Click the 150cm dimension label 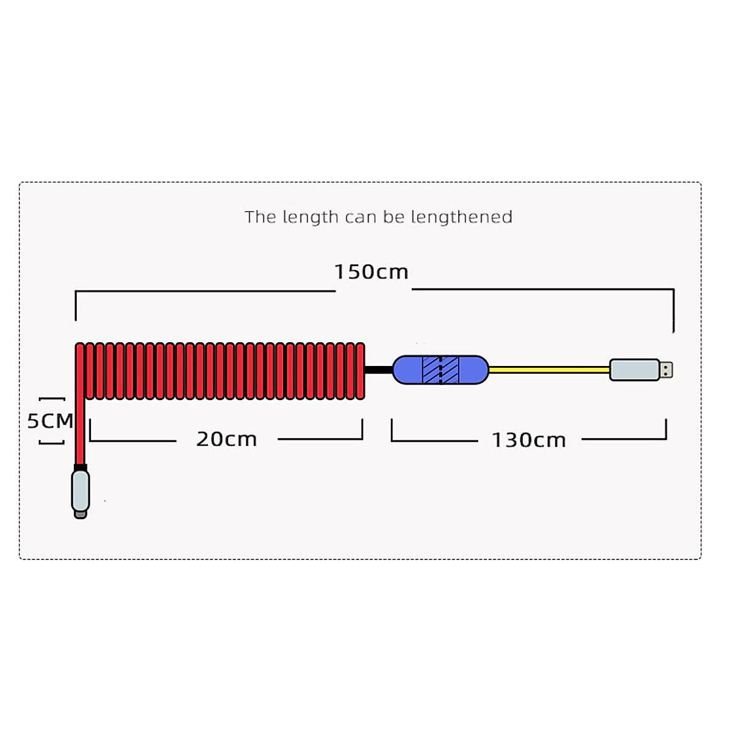coord(371,271)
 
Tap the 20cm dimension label coord(226,439)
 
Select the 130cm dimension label coord(529,440)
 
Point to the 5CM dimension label coord(50,421)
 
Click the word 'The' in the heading coord(260,217)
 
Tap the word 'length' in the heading coord(310,218)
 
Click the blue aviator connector coord(407,370)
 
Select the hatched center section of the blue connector coord(440,370)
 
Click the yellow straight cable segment coord(549,370)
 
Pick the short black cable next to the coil coord(378,370)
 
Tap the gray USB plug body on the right coord(634,370)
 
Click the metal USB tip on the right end coord(666,370)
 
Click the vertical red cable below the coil coord(80,433)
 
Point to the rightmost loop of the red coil coord(360,371)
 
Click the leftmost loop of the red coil coord(80,371)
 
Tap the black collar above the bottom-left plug coord(80,467)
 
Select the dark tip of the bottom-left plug coord(81,515)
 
